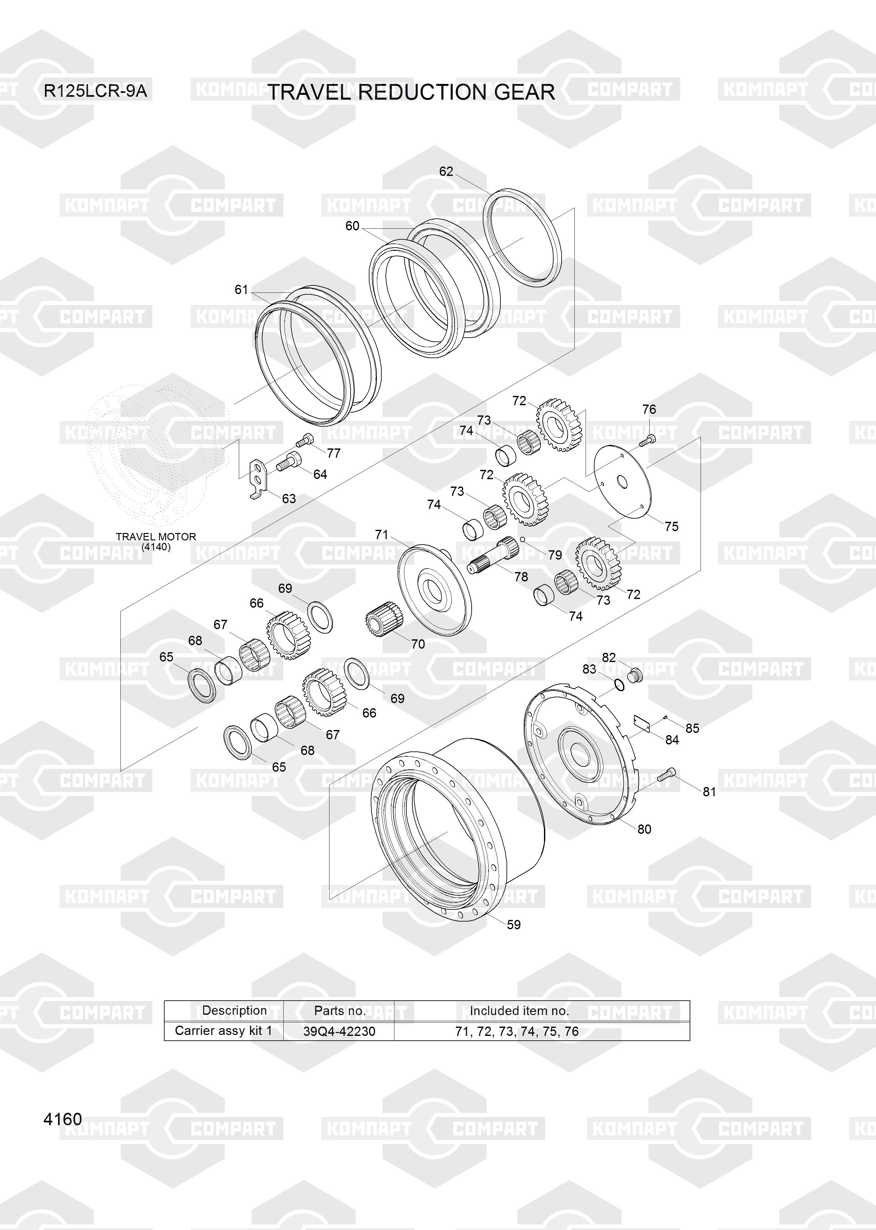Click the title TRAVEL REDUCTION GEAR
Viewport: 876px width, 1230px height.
click(411, 92)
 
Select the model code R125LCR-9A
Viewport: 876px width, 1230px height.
click(95, 91)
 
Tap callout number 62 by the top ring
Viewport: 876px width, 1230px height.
click(446, 172)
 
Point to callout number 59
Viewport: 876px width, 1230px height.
click(514, 925)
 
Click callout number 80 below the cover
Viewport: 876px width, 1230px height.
click(644, 829)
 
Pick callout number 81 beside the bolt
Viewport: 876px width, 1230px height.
click(709, 792)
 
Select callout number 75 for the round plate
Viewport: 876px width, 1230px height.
click(671, 527)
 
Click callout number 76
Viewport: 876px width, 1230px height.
click(649, 409)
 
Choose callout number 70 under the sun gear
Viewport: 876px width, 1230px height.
click(418, 644)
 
